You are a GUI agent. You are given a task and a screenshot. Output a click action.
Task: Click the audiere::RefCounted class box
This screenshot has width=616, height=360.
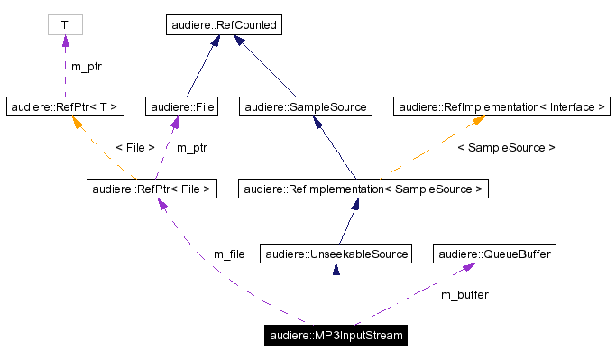225,25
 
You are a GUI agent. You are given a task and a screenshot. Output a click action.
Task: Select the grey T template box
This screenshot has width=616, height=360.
64,25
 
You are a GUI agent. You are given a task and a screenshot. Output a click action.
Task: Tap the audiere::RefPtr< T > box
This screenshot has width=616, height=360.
64,107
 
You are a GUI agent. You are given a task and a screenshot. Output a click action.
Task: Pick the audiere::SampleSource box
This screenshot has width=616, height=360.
305,107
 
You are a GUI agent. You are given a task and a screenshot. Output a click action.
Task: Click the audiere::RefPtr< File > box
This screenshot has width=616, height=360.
152,189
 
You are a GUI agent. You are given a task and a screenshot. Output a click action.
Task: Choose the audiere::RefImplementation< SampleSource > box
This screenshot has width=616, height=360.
363,189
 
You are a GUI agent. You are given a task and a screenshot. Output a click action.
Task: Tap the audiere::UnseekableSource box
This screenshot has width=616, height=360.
336,254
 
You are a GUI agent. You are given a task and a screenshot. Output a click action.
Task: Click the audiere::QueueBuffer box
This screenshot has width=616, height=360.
492,254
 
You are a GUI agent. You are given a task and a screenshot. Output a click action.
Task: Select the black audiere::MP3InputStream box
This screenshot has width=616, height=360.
336,337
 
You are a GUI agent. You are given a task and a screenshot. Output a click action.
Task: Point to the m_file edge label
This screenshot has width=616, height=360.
229,254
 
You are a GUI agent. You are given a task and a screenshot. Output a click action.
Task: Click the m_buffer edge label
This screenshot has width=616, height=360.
464,294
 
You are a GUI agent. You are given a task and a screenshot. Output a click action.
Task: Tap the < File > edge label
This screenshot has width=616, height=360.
134,147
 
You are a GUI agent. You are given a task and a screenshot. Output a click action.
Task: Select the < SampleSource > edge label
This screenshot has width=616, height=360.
506,147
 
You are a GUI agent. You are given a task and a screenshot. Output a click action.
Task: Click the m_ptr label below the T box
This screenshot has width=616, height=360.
87,66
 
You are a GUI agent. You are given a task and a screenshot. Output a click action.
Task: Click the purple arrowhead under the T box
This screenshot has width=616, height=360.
64,42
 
